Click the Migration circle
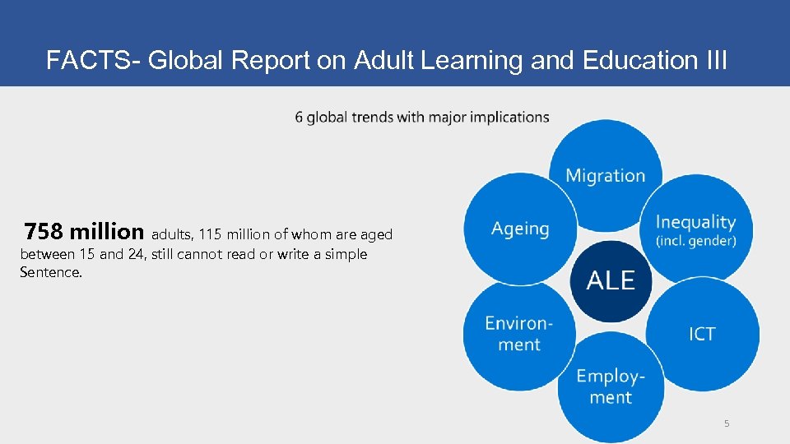605,175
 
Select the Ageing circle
520,229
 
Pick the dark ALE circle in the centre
611,280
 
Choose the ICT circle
702,334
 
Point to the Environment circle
518,333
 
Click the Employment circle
610,386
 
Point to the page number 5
727,423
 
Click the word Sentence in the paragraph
51,272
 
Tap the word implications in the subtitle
507,117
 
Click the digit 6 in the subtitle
298,117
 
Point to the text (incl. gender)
695,242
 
